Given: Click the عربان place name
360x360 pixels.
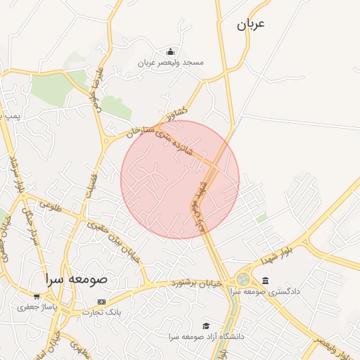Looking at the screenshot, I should tap(250, 25).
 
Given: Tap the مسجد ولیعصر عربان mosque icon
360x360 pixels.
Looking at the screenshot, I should tap(170, 51).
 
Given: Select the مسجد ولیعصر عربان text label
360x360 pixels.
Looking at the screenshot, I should tap(170, 63).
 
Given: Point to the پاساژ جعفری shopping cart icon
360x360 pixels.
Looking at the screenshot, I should tap(37, 296).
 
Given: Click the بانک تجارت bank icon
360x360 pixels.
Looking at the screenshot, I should tap(101, 302).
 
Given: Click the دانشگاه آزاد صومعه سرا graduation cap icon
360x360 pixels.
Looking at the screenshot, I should tap(206, 326).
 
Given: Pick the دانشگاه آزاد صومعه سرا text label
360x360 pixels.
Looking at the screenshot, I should tap(206, 337).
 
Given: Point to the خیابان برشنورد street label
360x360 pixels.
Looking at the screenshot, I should tap(196, 283).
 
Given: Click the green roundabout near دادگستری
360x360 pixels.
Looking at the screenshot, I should tap(243, 279).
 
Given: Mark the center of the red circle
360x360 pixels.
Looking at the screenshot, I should tap(180, 179).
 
